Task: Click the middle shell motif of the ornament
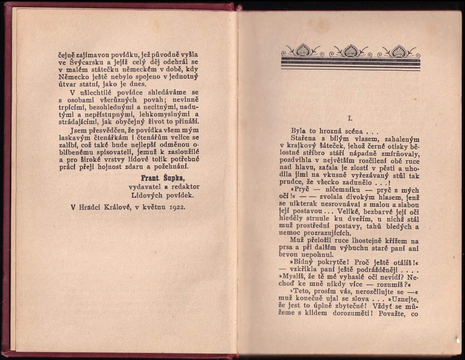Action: [x=351, y=51]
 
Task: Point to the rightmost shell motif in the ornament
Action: [x=399, y=51]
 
